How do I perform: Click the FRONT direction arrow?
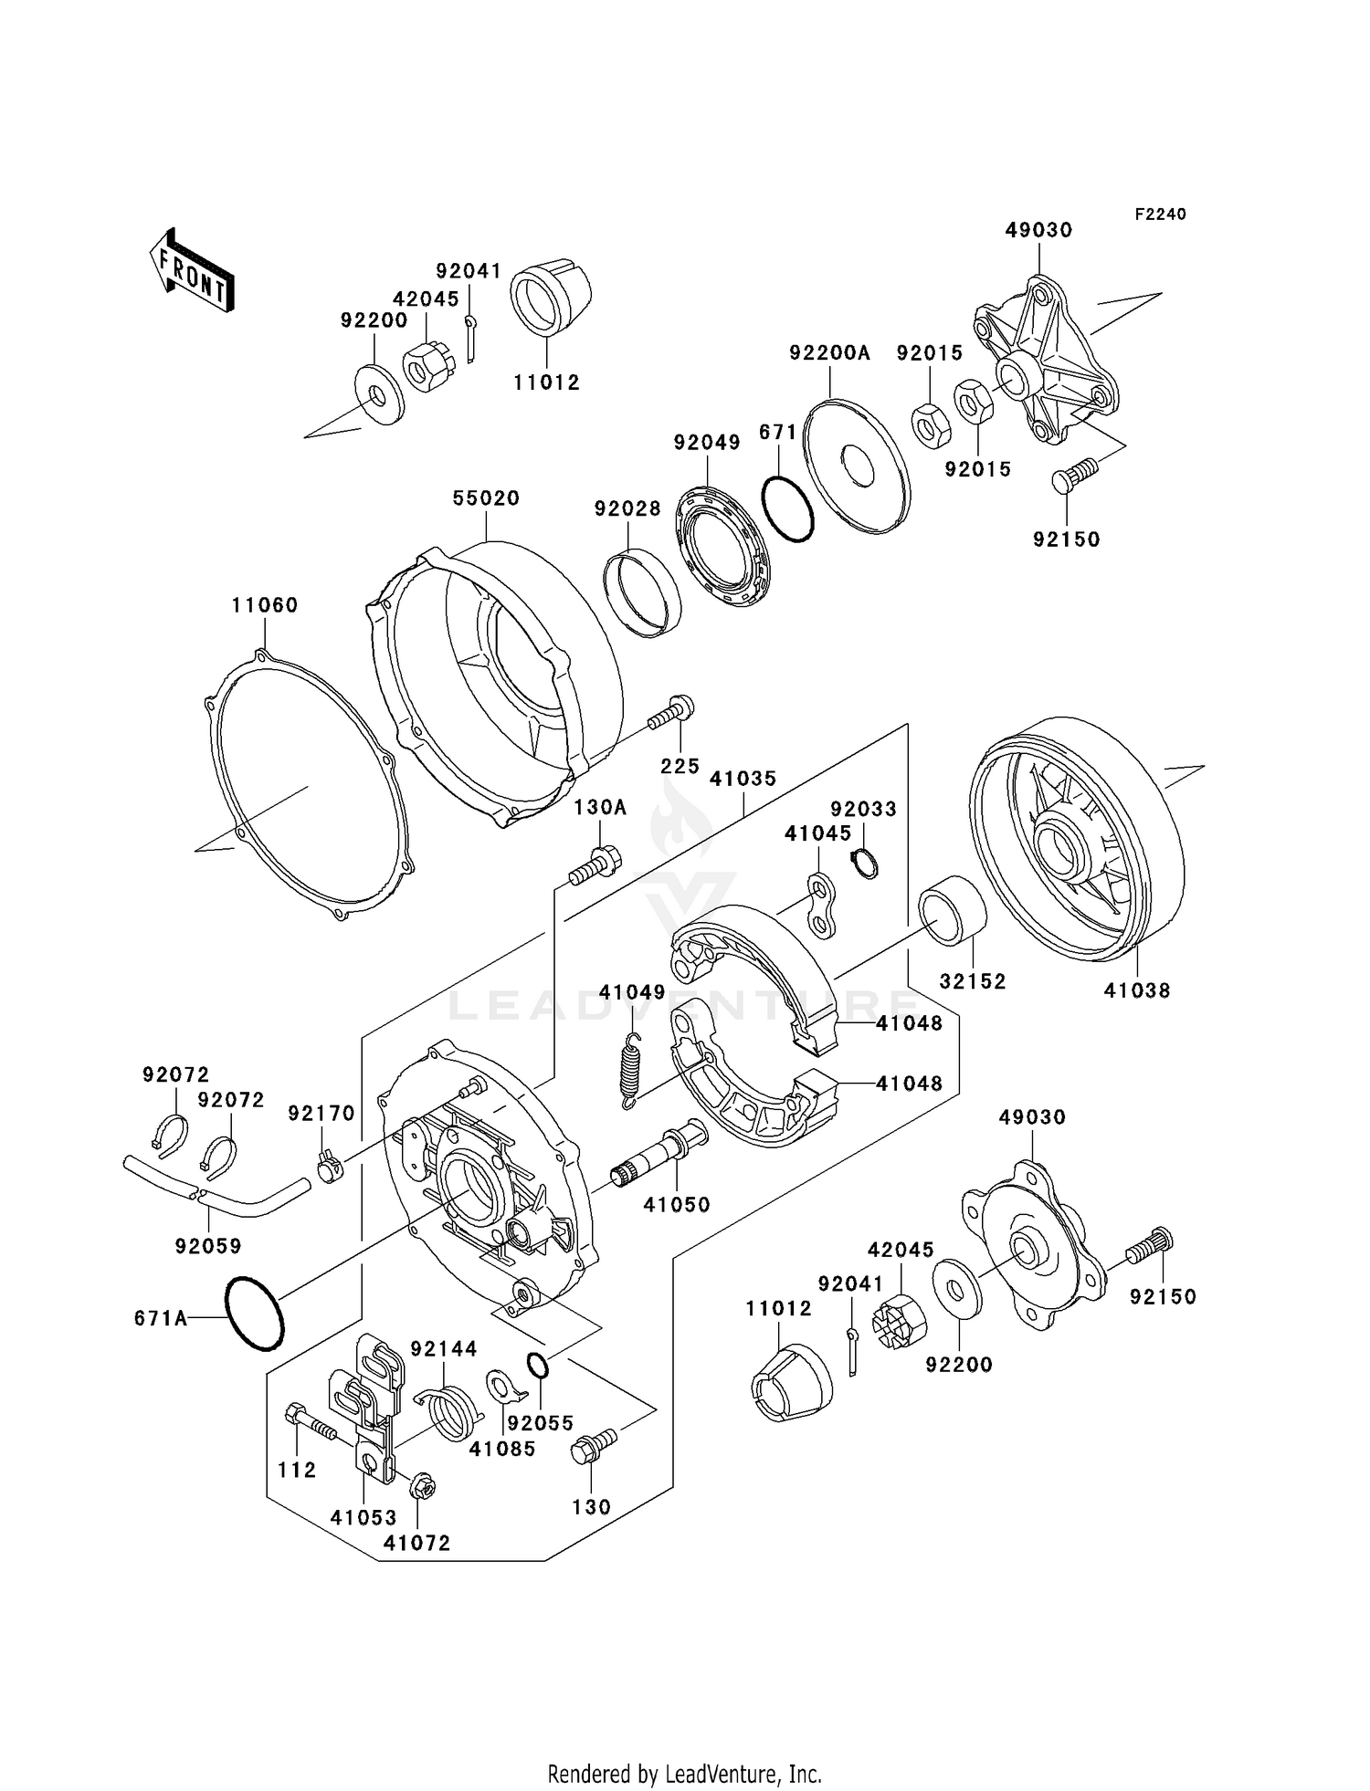tap(192, 271)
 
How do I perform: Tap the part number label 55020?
tap(486, 498)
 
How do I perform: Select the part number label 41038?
tap(1136, 990)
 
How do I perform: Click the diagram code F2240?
tap(1160, 215)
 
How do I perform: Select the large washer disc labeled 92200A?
tap(857, 464)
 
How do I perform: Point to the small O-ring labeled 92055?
tap(538, 1366)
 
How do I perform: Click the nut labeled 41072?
tap(421, 1486)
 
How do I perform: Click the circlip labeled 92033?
tap(864, 863)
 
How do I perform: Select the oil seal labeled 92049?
tap(722, 547)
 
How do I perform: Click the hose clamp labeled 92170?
tap(329, 1168)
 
